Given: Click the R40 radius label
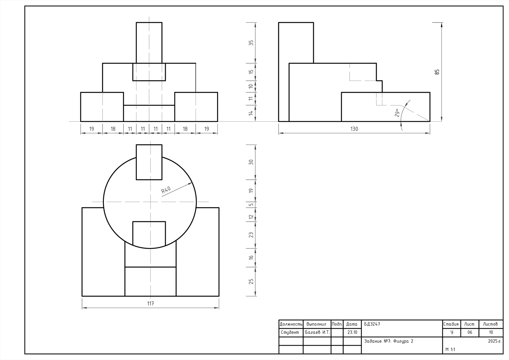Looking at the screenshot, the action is pyautogui.click(x=166, y=190).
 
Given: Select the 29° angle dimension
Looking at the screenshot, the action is pyautogui.click(x=397, y=113).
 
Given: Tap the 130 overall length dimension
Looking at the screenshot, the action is pyautogui.click(x=354, y=129).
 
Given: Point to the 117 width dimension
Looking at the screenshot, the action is pyautogui.click(x=151, y=304).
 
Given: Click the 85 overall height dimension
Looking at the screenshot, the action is pyautogui.click(x=437, y=72).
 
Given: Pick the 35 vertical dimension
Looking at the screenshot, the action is pyautogui.click(x=251, y=43).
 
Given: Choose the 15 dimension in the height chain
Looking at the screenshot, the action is pyautogui.click(x=251, y=72).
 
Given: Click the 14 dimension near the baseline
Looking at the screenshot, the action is pyautogui.click(x=251, y=113).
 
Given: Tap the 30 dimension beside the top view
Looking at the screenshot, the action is pyautogui.click(x=251, y=162).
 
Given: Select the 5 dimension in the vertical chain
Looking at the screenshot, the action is pyautogui.click(x=251, y=204).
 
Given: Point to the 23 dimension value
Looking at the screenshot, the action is pyautogui.click(x=251, y=235).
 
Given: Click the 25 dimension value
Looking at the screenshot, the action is pyautogui.click(x=251, y=281).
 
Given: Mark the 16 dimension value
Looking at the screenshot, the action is pyautogui.click(x=251, y=257).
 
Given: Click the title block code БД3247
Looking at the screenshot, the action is pyautogui.click(x=372, y=324).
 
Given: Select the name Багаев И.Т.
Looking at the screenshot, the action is pyautogui.click(x=317, y=332).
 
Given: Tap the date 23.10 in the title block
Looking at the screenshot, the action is pyautogui.click(x=352, y=332).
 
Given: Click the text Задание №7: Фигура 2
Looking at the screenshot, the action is pyautogui.click(x=388, y=341).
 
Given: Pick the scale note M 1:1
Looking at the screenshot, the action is pyautogui.click(x=450, y=349).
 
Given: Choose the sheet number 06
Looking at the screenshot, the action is pyautogui.click(x=470, y=332).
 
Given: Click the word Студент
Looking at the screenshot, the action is pyautogui.click(x=290, y=332).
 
